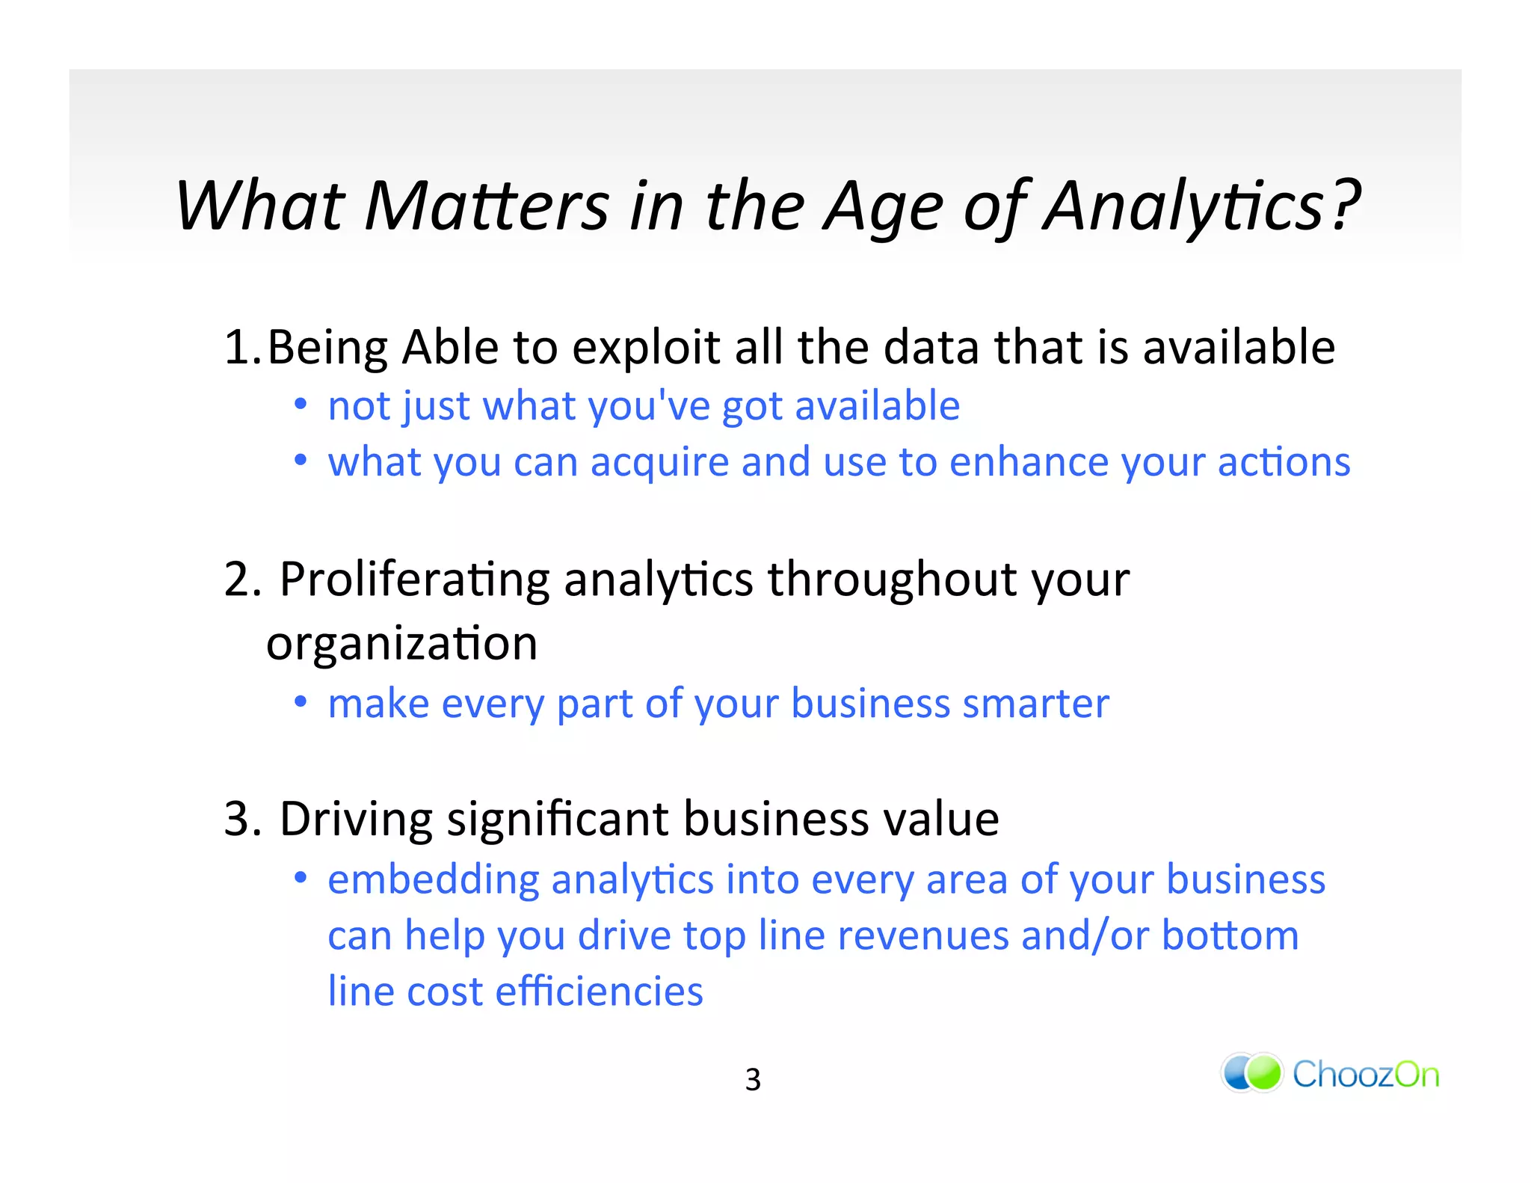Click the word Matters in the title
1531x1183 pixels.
(x=487, y=206)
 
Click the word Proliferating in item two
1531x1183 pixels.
(x=415, y=580)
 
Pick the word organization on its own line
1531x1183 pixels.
(x=401, y=645)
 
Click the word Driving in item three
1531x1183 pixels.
(x=356, y=819)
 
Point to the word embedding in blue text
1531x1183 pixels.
(x=434, y=880)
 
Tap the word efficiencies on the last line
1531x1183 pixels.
(x=599, y=992)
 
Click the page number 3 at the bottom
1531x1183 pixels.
(x=753, y=1080)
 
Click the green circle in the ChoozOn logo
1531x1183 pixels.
(x=1264, y=1073)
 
